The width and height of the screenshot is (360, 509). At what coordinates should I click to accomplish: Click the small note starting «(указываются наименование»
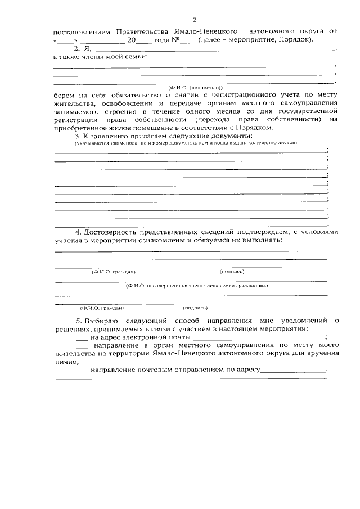coord(101,143)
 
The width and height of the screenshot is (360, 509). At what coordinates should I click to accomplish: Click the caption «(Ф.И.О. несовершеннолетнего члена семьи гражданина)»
coord(196,285)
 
